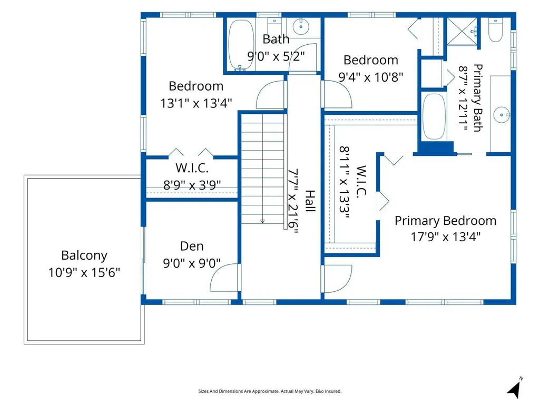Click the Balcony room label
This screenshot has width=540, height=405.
(x=84, y=255)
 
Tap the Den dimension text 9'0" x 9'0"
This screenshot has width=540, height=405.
(x=191, y=263)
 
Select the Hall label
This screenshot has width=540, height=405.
(x=310, y=201)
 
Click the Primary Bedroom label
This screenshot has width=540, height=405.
(x=445, y=221)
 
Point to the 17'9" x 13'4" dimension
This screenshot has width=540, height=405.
(x=445, y=237)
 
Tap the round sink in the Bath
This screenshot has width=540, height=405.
(x=301, y=26)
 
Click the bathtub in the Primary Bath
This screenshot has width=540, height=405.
(x=434, y=116)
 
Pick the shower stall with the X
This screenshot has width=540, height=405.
(x=462, y=31)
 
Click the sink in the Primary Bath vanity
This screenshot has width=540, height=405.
(x=501, y=115)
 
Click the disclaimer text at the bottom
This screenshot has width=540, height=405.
(x=270, y=391)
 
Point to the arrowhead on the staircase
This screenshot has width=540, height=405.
(x=262, y=221)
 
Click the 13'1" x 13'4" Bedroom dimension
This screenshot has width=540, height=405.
(x=196, y=103)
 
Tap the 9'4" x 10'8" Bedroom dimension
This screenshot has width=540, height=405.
(x=370, y=77)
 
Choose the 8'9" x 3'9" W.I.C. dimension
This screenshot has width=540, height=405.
(x=192, y=185)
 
